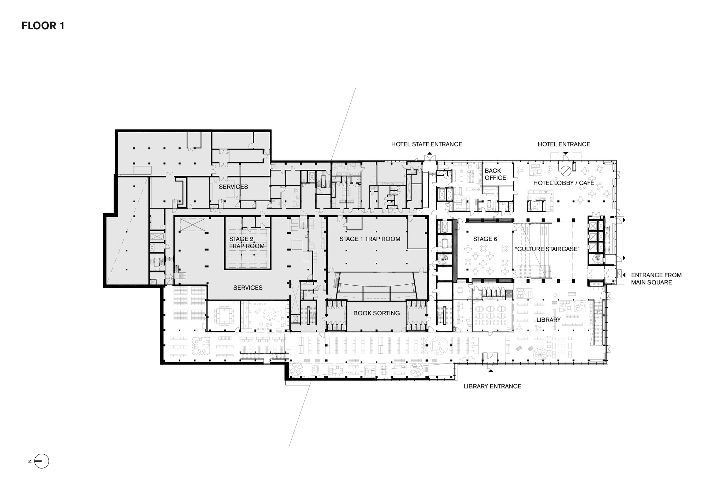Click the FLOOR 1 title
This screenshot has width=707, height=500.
tap(43, 26)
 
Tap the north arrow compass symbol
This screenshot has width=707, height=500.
tap(41, 461)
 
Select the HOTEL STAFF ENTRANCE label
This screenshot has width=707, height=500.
tap(426, 144)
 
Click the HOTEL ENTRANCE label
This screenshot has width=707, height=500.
tap(564, 144)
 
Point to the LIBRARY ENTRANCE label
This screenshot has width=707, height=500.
tap(492, 386)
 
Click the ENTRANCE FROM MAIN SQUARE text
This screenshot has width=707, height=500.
tap(656, 279)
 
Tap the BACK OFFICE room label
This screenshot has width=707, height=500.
tap(495, 174)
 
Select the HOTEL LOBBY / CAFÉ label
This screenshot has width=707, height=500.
tap(563, 183)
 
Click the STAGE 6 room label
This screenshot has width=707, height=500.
tap(485, 239)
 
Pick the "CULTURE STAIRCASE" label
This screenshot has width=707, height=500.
tap(547, 249)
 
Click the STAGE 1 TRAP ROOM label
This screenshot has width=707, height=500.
tap(370, 239)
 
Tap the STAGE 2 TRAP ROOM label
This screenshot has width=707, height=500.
tap(246, 243)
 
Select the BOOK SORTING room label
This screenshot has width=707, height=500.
tap(376, 313)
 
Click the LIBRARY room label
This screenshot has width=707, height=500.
tap(548, 320)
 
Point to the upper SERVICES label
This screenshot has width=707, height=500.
tap(233, 187)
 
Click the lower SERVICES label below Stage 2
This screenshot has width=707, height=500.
tap(248, 288)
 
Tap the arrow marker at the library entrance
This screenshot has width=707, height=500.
tap(490, 371)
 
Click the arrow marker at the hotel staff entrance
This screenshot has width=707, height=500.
tap(430, 153)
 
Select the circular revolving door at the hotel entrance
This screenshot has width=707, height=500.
tap(565, 171)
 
